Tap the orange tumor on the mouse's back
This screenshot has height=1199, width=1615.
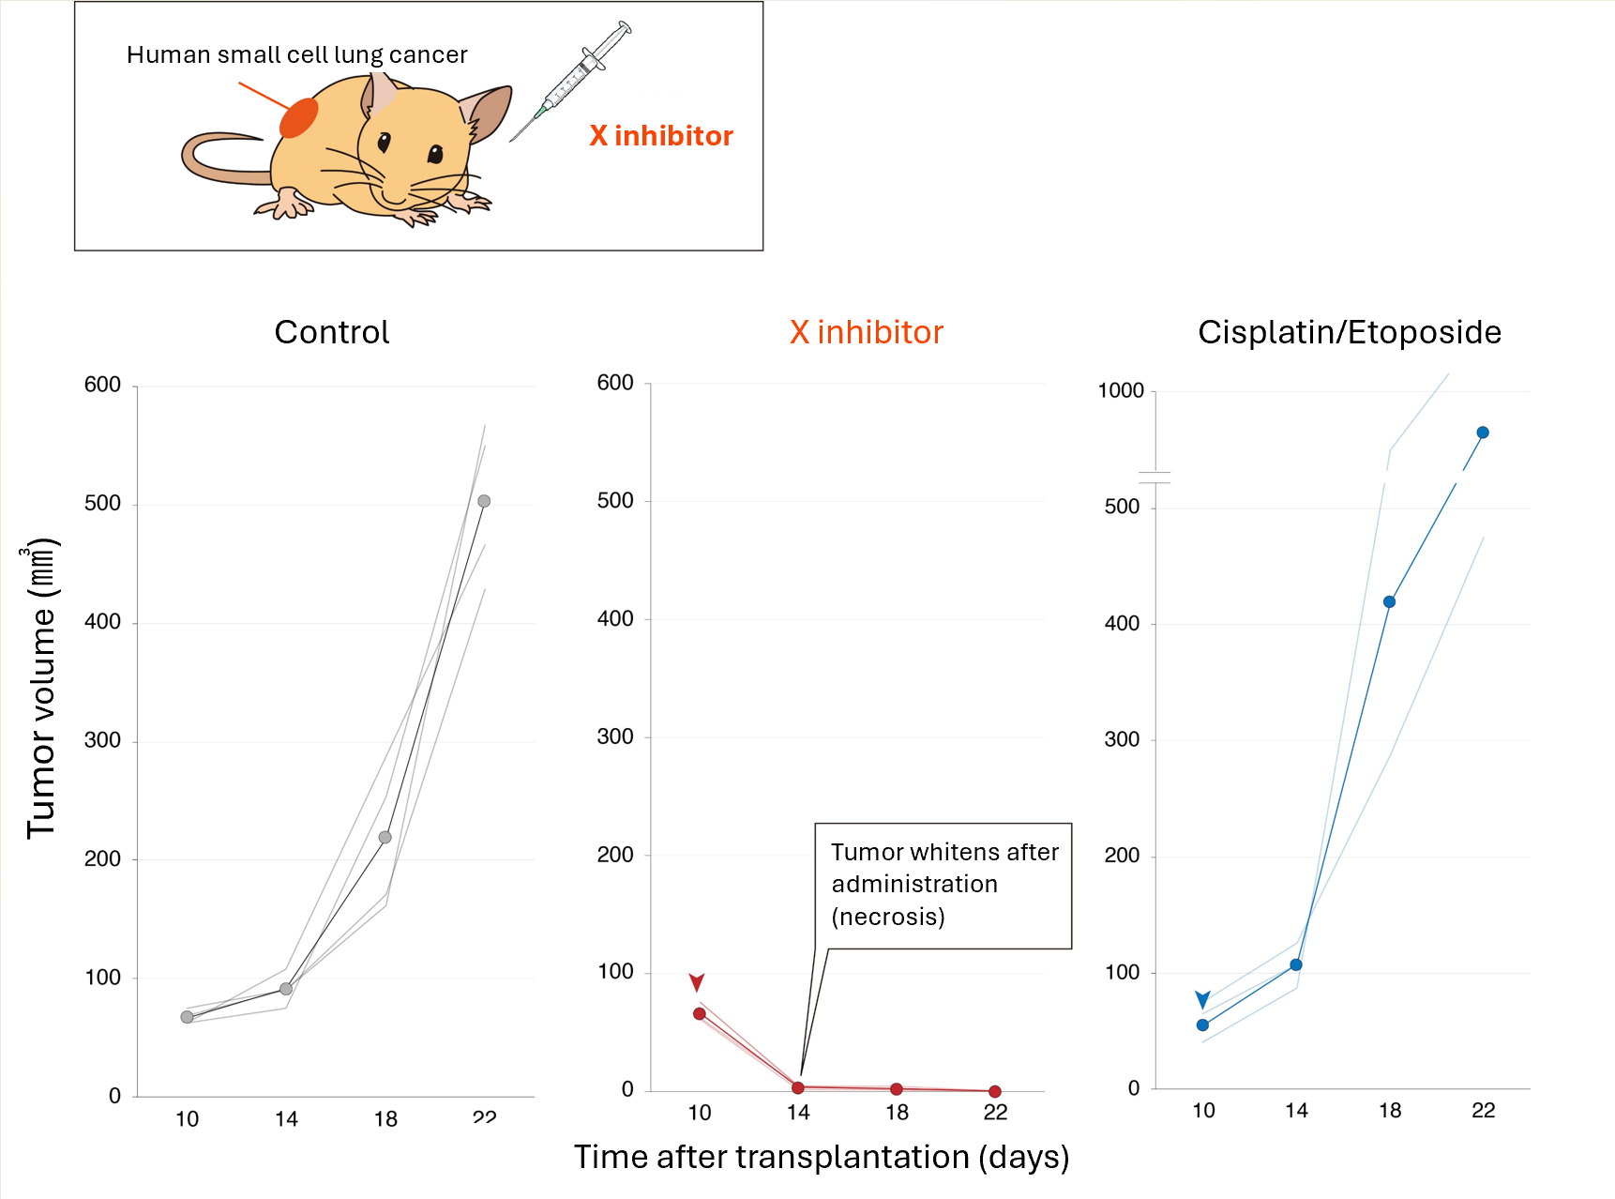[299, 118]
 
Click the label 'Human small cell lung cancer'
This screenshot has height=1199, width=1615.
[296, 55]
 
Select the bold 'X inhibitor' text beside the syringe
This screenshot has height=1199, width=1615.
[661, 136]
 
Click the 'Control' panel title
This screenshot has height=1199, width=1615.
[331, 332]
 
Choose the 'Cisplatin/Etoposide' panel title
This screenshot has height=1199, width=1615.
[1349, 332]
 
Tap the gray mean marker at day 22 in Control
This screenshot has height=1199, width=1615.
[484, 501]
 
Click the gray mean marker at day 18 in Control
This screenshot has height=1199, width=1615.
[385, 837]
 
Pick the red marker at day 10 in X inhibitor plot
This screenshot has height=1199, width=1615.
[700, 1013]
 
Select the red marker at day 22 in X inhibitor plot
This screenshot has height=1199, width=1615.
[995, 1091]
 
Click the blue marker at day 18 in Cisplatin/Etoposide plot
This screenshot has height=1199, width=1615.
[1389, 601]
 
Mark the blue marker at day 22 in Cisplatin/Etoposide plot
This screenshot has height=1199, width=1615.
[1483, 433]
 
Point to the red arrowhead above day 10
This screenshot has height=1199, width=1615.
[697, 981]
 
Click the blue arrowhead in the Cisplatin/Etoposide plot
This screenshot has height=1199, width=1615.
[1202, 998]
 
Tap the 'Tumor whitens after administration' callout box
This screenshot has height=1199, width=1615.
[943, 885]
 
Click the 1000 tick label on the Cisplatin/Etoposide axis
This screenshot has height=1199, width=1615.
[1121, 390]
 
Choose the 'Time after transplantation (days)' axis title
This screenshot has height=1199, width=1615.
[822, 1157]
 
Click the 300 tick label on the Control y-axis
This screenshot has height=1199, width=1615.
[102, 740]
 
